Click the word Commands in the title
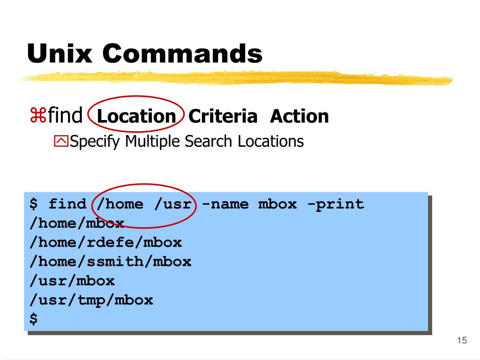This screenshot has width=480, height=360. tap(182, 53)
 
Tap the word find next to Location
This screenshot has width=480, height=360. tap(65, 116)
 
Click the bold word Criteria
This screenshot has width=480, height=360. tap(223, 116)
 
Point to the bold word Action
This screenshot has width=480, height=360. tap(299, 116)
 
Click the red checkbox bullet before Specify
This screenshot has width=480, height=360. tap(61, 141)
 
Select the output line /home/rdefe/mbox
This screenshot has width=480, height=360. tap(105, 242)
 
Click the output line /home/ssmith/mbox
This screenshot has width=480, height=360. tap(110, 262)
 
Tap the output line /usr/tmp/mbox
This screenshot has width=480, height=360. tap(91, 300)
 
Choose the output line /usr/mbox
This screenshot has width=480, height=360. tap(72, 281)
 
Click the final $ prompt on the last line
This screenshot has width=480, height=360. tap(34, 319)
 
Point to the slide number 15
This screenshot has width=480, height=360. tap(462, 340)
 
